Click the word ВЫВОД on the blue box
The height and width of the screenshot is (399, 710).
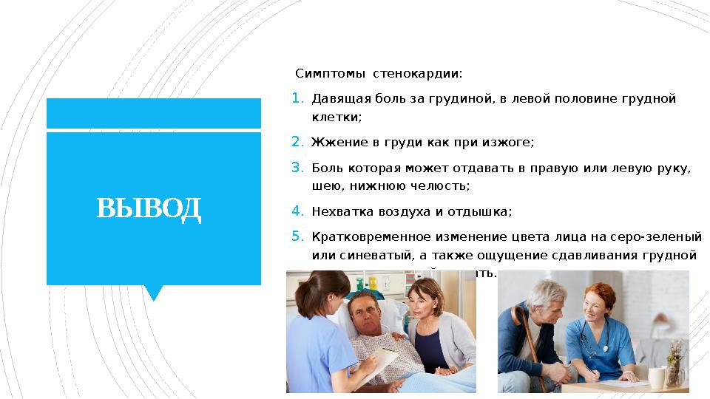coord(149,209)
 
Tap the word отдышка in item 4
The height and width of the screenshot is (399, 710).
coord(484,211)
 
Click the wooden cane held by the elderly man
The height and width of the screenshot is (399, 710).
coord(530,347)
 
